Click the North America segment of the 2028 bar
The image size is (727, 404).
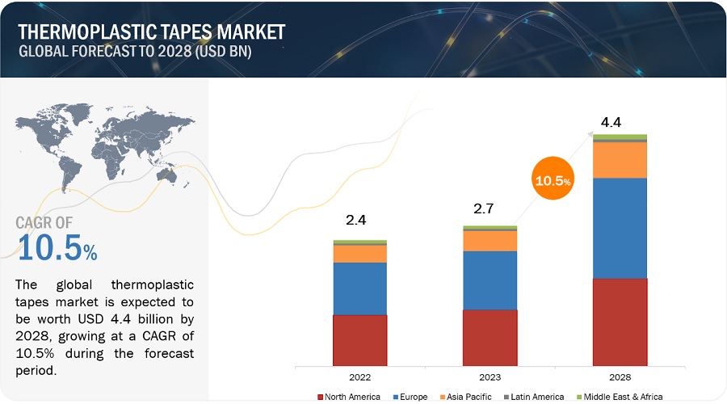(x=620, y=322)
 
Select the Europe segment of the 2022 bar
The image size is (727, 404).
(x=360, y=288)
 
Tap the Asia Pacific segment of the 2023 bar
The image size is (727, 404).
(x=490, y=241)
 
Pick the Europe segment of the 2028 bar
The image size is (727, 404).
(x=620, y=228)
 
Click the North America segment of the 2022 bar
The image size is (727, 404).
(x=360, y=339)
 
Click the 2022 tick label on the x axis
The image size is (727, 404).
(x=360, y=377)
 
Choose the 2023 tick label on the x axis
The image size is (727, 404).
(x=490, y=377)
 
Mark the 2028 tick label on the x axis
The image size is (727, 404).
(x=620, y=377)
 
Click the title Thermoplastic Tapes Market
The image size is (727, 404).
(x=150, y=32)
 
